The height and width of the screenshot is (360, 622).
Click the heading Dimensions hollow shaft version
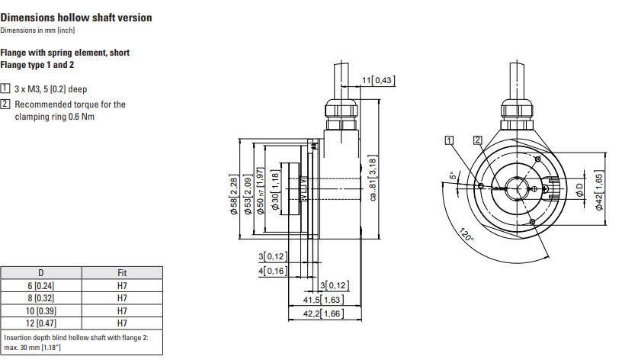point(76,18)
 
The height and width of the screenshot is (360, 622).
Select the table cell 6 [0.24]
point(41,285)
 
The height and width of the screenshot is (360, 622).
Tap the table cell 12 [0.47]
point(41,323)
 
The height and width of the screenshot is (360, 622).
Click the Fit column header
point(122,273)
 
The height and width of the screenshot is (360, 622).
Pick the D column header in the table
point(41,273)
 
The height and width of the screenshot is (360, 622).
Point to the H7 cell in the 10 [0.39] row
point(122,310)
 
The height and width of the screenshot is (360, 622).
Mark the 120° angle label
point(466,235)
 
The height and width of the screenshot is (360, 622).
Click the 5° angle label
point(452,175)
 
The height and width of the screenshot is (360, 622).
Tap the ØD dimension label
point(579,189)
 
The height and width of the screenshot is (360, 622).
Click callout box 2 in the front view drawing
point(478,140)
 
